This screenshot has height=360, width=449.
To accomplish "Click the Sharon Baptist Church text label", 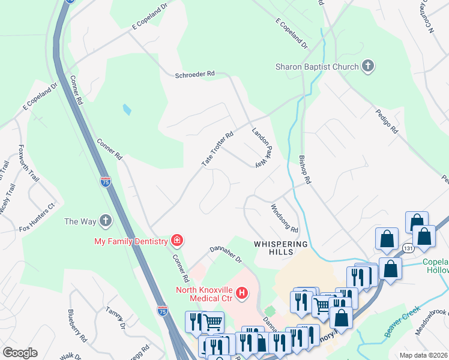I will (x=317, y=67).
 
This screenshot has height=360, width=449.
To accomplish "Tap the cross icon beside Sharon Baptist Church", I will (x=368, y=67).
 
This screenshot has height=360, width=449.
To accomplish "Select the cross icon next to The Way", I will (x=106, y=221).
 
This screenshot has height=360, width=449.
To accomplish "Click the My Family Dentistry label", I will (x=130, y=241).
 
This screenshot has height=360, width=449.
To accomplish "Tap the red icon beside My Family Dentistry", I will (x=177, y=241).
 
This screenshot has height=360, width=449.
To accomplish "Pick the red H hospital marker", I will (x=241, y=293).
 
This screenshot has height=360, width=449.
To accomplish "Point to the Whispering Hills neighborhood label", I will (x=280, y=249).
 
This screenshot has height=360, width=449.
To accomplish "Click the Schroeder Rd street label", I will (x=194, y=74).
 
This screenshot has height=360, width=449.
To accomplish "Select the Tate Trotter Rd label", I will (x=217, y=150).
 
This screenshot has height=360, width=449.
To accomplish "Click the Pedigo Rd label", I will (x=387, y=121).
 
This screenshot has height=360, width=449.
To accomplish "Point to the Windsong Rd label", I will (x=285, y=218).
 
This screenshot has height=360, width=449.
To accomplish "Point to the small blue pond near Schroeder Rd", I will (x=127, y=109).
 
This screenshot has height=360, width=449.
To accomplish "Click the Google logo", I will (x=20, y=352).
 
